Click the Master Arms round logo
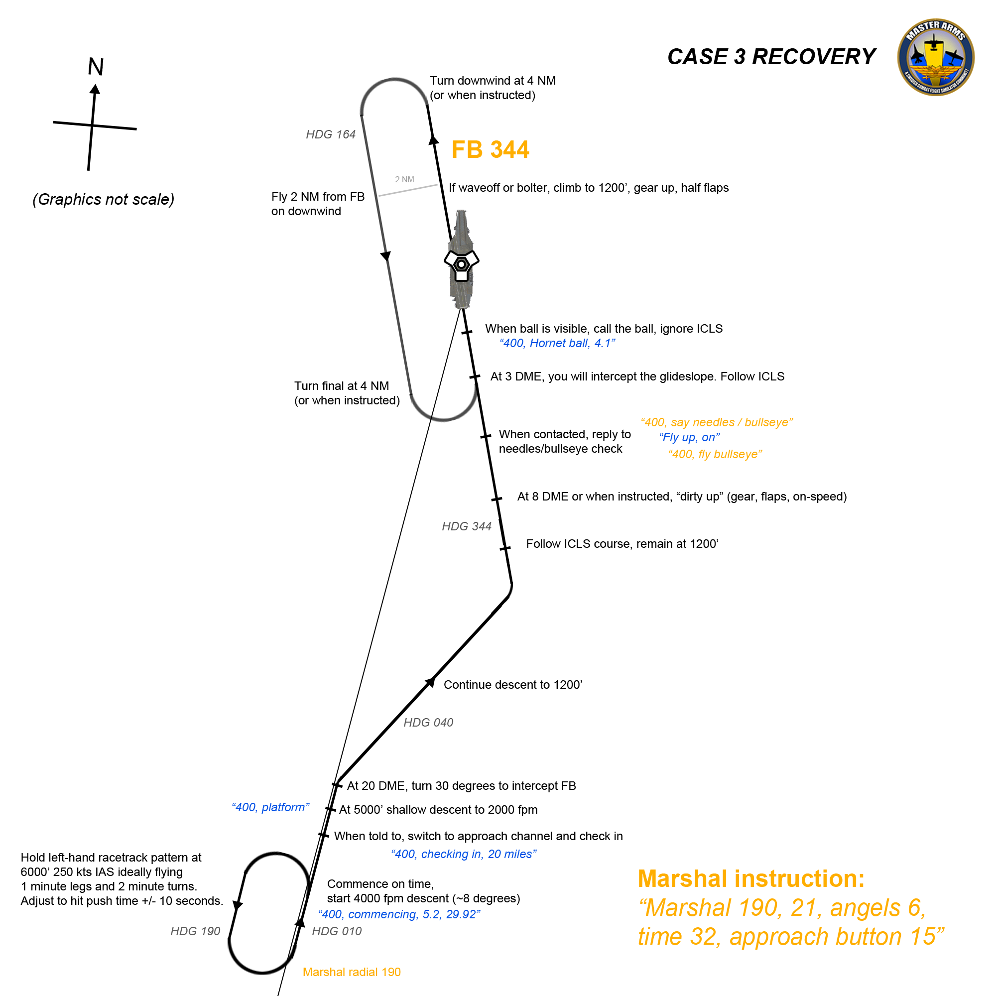935,57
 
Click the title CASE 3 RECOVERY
771,57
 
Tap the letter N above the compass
96,67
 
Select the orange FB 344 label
490,149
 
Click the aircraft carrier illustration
462,259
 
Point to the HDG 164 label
331,134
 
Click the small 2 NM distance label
405,179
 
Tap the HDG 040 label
428,722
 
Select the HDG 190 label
195,931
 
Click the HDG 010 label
337,931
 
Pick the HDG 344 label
467,526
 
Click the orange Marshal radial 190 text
352,972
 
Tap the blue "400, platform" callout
270,807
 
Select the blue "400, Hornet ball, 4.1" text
557,343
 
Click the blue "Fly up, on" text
690,437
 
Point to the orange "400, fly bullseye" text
716,454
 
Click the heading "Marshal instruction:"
751,879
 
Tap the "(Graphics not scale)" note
104,200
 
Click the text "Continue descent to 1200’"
513,685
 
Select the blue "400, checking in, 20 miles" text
464,854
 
